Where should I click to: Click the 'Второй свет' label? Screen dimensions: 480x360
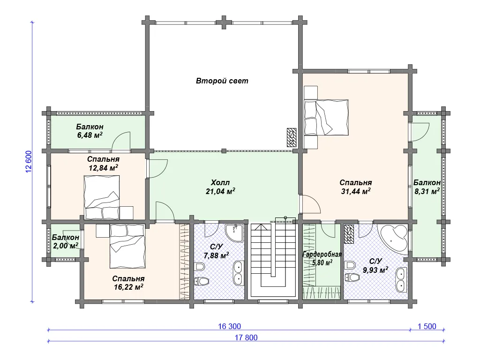(222, 81)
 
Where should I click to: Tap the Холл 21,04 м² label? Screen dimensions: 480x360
(220, 187)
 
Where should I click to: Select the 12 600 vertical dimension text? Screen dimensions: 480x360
(29, 162)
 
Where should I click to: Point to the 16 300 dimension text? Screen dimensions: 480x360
(229, 326)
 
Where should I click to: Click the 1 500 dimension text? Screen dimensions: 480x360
(427, 326)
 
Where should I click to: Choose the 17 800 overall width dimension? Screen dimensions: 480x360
(246, 337)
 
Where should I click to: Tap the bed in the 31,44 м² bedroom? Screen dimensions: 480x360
(326, 117)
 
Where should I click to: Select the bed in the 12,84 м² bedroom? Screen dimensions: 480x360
(102, 197)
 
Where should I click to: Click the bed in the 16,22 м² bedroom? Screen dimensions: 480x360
(127, 246)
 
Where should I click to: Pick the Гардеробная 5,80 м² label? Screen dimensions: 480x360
(322, 258)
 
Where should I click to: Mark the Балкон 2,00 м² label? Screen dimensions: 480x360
(66, 241)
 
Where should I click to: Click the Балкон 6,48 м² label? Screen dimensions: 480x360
(90, 131)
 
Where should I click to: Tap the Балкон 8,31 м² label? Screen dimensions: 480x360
(427, 187)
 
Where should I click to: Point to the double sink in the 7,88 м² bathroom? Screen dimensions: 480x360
(239, 273)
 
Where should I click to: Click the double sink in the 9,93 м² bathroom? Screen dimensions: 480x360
(401, 280)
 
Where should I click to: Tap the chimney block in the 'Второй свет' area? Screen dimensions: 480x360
(292, 137)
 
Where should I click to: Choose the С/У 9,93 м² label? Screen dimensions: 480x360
(375, 266)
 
